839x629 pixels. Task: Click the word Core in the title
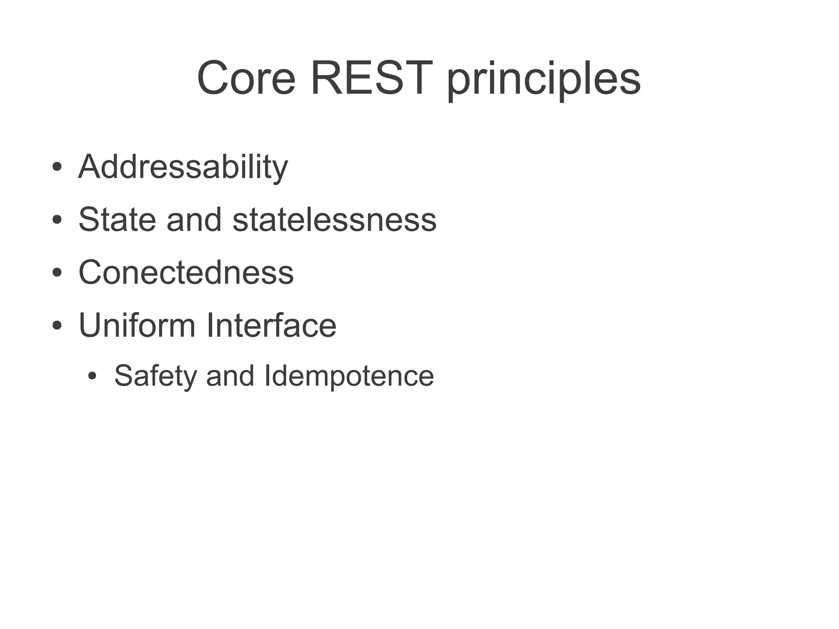coord(246,78)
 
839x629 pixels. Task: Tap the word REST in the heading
coord(371,78)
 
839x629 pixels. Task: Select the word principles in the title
coord(544,80)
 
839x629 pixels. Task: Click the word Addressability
coord(183,167)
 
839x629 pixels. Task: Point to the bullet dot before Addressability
coord(57,167)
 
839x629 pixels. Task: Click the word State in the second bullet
coord(117,220)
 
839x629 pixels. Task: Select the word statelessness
coord(334,220)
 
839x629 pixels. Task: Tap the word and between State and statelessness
coord(194,220)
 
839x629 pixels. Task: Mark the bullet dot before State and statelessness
coord(57,220)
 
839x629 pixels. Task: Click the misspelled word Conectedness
coord(186,272)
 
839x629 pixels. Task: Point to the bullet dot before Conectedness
coord(57,272)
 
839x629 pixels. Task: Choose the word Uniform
coord(137,325)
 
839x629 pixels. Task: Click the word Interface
coord(271,325)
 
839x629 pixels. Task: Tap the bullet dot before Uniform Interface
coord(57,325)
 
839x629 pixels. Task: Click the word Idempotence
coord(349,376)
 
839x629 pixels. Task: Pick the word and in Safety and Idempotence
coord(230,376)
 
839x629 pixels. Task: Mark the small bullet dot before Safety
coord(93,376)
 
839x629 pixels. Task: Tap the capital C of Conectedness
coord(90,272)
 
